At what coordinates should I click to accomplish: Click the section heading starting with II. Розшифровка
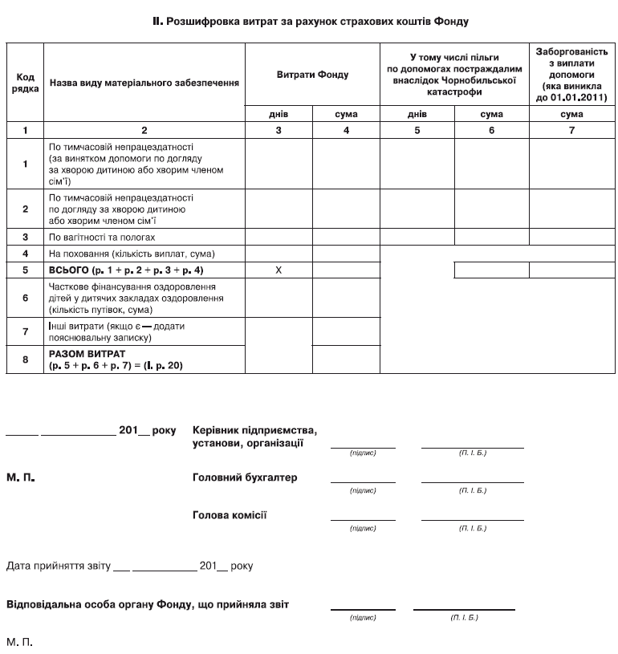pos(310,22)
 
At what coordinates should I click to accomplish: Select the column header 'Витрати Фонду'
pos(312,75)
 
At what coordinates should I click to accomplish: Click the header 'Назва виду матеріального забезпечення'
pos(144,83)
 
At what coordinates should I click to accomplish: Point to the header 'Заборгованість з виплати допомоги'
pos(571,73)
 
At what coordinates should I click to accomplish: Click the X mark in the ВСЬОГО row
pos(278,270)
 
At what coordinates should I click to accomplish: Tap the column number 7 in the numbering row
pos(571,129)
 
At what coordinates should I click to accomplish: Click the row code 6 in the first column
pos(25,298)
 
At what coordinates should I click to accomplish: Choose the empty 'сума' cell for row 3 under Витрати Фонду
pos(346,238)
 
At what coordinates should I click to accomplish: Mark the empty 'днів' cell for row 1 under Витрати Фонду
pos(278,164)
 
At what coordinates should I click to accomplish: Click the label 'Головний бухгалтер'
pos(245,477)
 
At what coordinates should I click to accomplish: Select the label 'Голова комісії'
pos(230,514)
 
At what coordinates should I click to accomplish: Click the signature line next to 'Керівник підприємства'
pos(363,446)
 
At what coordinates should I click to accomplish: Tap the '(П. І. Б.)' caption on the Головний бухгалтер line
pos(472,489)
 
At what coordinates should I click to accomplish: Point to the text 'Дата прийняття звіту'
pos(57,566)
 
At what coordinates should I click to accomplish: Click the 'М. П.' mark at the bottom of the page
pos(19,642)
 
